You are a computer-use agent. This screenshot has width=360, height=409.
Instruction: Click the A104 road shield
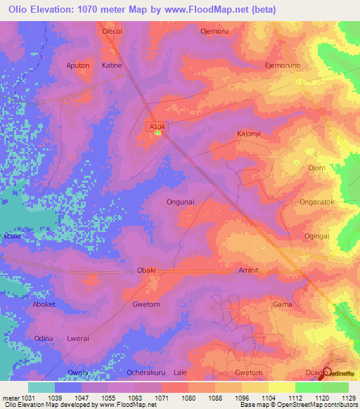point(157,126)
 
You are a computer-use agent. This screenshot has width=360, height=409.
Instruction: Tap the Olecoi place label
point(113,32)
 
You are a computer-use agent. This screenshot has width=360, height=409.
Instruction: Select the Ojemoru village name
point(216,32)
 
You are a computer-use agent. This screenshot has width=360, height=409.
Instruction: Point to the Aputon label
point(77,65)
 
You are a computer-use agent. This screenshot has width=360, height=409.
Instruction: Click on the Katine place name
point(112,65)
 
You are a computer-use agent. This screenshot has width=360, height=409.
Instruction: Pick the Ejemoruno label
point(283,65)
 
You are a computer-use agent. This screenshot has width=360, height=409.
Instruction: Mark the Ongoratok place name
point(318,202)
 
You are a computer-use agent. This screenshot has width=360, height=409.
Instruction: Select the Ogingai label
point(317,236)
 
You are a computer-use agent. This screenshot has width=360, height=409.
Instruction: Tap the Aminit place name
point(250,270)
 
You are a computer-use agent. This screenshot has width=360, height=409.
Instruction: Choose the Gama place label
point(282,304)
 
